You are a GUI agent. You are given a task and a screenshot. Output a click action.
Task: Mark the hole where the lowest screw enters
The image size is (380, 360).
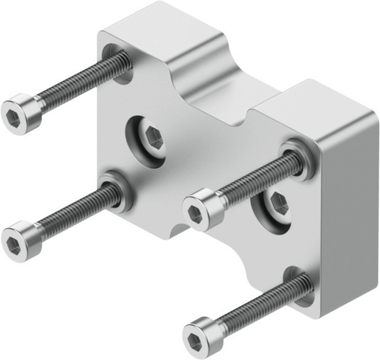pos(301,285)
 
